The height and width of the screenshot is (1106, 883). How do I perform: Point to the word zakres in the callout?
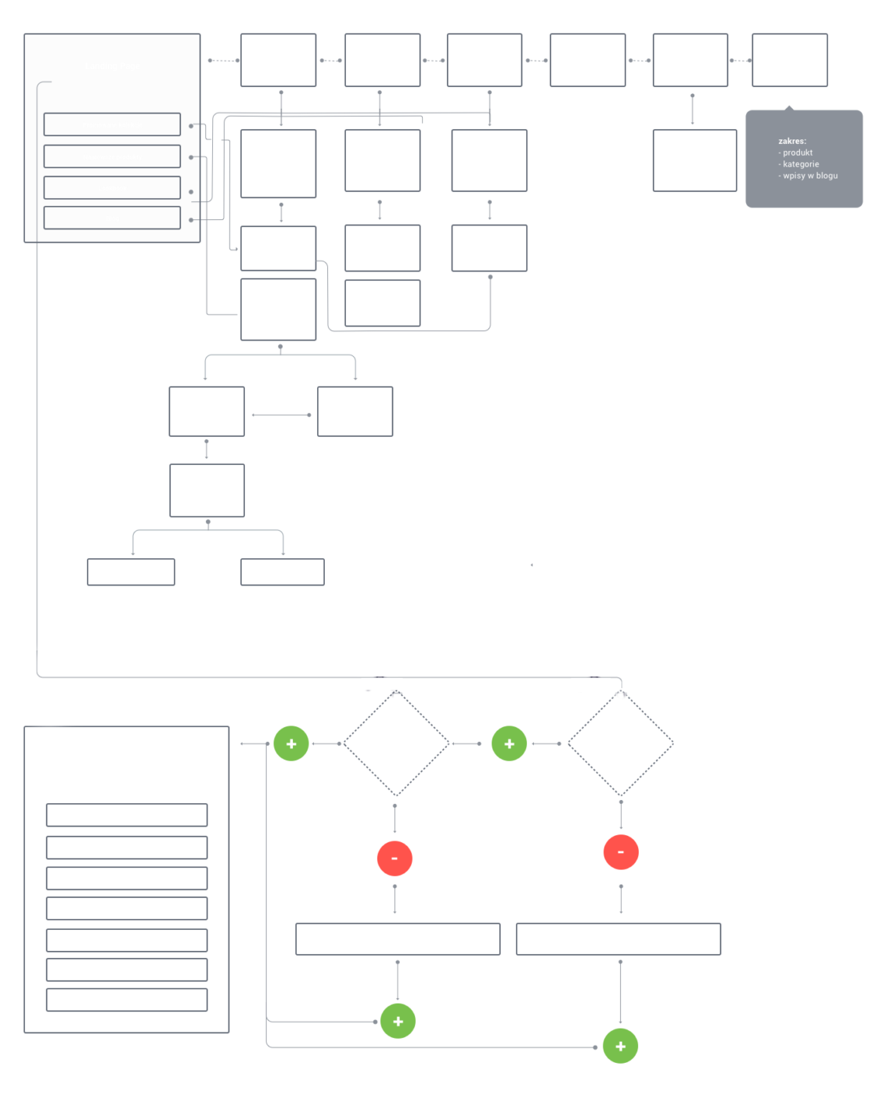point(792,142)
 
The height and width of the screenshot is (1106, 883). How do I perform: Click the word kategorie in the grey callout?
point(801,164)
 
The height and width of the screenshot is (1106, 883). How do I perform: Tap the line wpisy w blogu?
point(810,176)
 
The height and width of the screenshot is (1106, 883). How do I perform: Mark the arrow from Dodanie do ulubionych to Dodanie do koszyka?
point(281,415)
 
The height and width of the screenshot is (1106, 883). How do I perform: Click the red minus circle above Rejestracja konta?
point(621,852)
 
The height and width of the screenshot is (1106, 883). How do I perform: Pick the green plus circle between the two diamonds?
point(509,744)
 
